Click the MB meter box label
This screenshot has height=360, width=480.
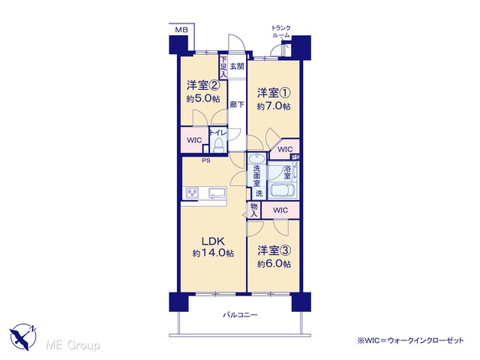click(181, 30)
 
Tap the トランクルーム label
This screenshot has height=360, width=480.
click(281, 31)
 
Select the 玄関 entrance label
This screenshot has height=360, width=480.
click(237, 66)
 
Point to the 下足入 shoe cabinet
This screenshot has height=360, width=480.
click(223, 67)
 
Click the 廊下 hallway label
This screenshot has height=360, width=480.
click(237, 104)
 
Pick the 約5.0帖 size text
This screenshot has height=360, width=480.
click(203, 98)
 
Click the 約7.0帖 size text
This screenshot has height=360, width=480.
click(274, 106)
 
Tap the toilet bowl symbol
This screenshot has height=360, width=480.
click(218, 145)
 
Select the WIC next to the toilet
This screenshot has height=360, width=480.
click(194, 140)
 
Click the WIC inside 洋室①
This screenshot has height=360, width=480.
click(285, 149)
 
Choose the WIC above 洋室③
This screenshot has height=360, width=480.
click(280, 210)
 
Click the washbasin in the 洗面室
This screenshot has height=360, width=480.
click(256, 158)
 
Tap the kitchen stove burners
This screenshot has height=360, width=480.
click(192, 193)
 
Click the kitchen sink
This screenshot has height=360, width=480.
click(217, 193)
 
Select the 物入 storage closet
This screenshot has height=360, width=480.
click(253, 210)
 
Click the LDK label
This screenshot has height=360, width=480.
click(213, 241)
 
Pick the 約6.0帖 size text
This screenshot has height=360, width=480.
click(274, 264)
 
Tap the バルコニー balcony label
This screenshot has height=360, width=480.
click(240, 315)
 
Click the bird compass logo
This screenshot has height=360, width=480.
click(23, 337)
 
